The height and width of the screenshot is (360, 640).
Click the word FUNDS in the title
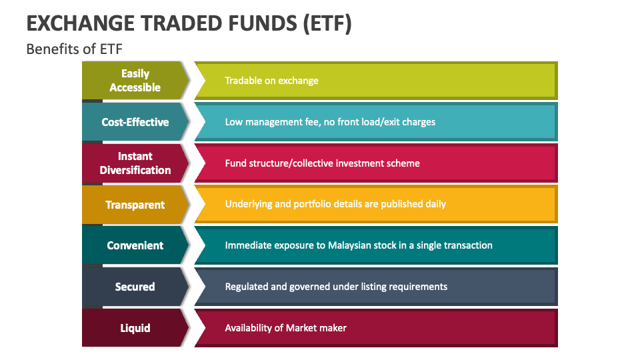(263, 23)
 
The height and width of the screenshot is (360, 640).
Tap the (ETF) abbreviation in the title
(327, 24)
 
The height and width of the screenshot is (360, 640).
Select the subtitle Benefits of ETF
(74, 49)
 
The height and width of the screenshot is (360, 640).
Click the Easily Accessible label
(135, 81)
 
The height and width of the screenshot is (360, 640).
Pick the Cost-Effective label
(135, 122)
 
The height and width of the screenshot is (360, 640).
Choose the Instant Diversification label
(135, 163)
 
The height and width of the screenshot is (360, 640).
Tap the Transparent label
(135, 205)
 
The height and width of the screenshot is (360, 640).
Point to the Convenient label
(135, 245)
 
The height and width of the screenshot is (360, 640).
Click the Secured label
(135, 287)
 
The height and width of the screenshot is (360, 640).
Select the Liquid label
(135, 328)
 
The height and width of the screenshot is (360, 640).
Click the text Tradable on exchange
(271, 81)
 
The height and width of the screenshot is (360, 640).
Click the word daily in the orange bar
(435, 204)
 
